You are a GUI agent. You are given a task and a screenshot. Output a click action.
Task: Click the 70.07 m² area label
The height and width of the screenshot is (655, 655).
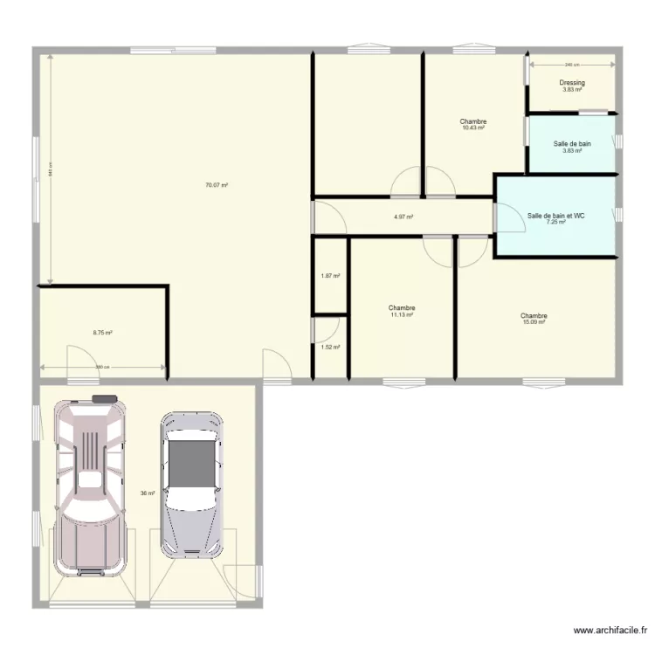[216, 185]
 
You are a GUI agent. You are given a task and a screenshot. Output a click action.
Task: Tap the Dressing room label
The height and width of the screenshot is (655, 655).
[572, 86]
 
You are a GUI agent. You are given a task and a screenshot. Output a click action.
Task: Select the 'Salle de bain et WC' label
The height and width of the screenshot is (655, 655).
[555, 218]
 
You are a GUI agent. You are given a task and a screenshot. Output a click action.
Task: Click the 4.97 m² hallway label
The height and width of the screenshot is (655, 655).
[403, 217]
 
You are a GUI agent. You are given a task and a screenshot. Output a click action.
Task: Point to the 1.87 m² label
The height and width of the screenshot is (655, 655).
[330, 276]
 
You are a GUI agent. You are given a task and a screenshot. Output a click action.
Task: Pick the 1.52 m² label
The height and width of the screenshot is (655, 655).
[330, 347]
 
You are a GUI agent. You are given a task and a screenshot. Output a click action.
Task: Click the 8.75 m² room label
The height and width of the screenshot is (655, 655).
[103, 332]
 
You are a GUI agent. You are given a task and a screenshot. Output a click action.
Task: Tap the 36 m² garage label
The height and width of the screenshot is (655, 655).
[147, 493]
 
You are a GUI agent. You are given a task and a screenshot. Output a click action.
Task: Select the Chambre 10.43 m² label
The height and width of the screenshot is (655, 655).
[472, 124]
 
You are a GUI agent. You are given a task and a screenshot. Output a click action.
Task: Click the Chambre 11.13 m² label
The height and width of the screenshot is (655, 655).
[402, 311]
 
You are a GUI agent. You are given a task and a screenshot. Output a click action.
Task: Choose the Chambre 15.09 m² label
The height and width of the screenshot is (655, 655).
[533, 319]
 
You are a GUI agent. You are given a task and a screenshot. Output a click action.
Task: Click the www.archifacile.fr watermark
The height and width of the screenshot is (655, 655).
[610, 629]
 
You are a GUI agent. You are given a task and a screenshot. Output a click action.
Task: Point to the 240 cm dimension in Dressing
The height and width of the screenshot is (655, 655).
[571, 65]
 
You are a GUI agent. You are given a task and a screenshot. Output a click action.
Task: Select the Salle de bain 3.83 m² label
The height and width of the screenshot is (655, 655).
[572, 147]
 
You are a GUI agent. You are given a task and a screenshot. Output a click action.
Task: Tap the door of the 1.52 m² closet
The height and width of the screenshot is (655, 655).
[324, 330]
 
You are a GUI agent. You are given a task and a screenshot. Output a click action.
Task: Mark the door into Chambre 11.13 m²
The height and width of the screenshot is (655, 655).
[434, 247]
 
